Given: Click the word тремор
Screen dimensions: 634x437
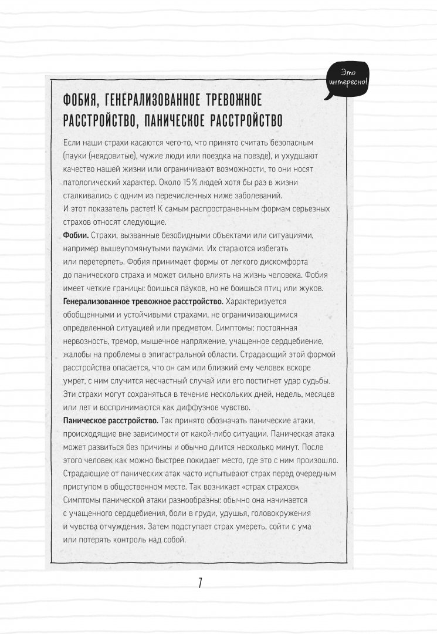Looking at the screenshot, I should tap(127, 341).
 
